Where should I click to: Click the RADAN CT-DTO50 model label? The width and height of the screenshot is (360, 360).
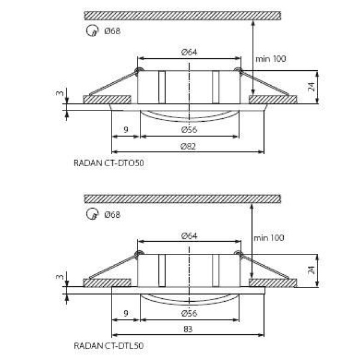tap(109, 163)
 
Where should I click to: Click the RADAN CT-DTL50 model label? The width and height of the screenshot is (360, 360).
tap(109, 346)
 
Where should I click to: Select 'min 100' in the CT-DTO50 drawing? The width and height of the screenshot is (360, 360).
tap(271, 59)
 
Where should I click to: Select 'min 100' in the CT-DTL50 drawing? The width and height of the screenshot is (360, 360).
tap(271, 238)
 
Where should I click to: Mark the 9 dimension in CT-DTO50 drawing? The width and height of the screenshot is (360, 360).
tap(125, 130)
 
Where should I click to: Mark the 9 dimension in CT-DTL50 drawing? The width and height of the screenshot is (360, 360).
tap(125, 312)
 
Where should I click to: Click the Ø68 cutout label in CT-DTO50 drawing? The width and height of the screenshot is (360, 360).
tap(112, 31)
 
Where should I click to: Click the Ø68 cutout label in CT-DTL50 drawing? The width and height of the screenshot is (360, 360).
tap(112, 214)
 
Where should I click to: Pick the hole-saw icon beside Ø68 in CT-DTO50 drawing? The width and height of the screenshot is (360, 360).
tap(92, 31)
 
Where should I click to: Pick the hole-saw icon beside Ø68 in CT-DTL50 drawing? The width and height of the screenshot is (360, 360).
tap(92, 214)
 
